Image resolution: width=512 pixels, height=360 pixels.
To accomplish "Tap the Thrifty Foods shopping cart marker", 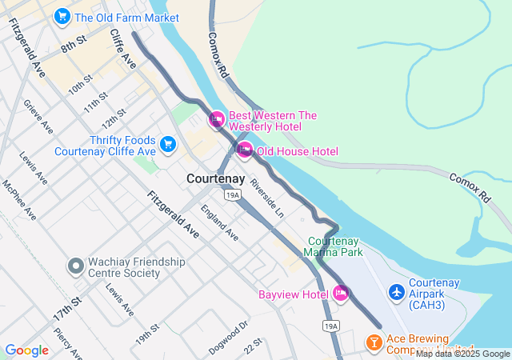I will [x=167, y=144].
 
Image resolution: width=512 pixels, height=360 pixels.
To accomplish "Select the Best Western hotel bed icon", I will [x=216, y=121].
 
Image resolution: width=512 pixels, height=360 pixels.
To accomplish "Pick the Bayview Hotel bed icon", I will [x=341, y=294].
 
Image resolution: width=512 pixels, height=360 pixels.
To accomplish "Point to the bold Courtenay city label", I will [x=215, y=179].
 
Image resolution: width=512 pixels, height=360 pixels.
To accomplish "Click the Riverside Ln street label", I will [x=266, y=198].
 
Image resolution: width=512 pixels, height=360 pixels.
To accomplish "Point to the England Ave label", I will [x=219, y=223].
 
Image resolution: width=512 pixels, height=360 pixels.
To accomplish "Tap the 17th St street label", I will [x=68, y=309].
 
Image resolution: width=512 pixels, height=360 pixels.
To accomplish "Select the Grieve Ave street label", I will [x=38, y=117].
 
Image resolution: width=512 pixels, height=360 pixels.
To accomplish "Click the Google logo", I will [x=26, y=350].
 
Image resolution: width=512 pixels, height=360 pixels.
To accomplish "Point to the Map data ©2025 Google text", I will [x=462, y=354].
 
